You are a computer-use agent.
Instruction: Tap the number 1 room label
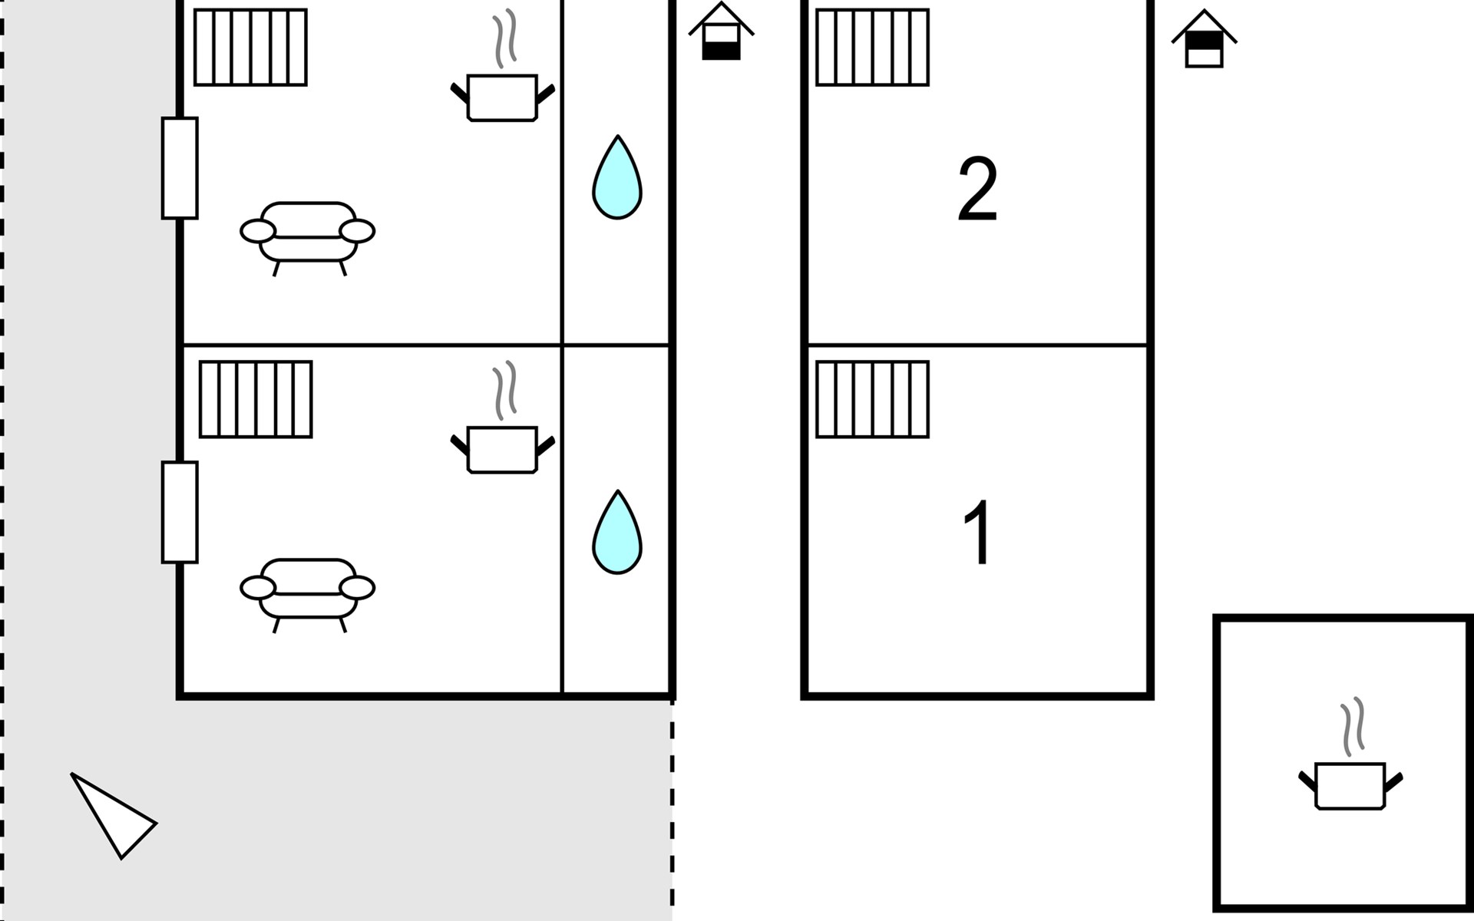point(977,533)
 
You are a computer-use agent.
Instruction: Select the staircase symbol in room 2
point(872,47)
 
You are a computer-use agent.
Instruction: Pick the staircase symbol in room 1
point(872,399)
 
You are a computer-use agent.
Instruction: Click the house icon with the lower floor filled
point(721,34)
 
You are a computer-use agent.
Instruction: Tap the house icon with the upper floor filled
point(1204,41)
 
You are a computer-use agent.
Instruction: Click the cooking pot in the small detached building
point(1350,785)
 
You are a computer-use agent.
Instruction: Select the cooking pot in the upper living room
point(502,97)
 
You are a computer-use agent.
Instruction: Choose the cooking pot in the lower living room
point(502,449)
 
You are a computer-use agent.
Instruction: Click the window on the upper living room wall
point(180,168)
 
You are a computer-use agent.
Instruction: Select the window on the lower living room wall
point(180,512)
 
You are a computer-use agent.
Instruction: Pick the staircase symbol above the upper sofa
point(250,47)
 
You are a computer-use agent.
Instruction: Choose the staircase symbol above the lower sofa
point(256,399)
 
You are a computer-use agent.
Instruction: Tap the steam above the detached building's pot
point(1353,726)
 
